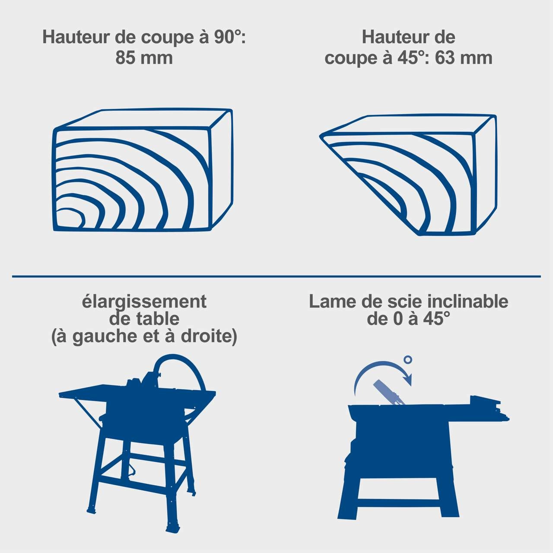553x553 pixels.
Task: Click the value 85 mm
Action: click(x=144, y=58)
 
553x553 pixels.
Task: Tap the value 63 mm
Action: click(x=464, y=58)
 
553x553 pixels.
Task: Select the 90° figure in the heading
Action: click(x=227, y=37)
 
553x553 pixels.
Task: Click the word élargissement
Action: click(x=144, y=302)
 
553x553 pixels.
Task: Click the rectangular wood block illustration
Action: click(x=143, y=170)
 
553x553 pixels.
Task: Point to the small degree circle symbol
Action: click(x=408, y=359)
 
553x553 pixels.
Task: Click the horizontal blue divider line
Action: click(x=276, y=276)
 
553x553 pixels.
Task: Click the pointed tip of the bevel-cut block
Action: click(x=320, y=137)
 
